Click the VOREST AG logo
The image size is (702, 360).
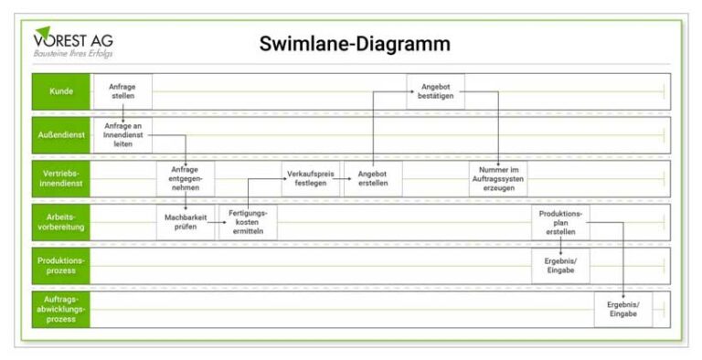[x=73, y=43]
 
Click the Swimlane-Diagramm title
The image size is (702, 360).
[x=355, y=44]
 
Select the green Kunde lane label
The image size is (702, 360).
[x=61, y=91]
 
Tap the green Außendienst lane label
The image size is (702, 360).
[x=61, y=134]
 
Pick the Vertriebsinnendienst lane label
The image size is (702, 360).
[x=61, y=178]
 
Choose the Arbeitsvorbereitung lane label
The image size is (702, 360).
[x=61, y=222]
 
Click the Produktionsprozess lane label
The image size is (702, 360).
[x=61, y=265]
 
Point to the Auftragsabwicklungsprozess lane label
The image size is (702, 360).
[x=61, y=309]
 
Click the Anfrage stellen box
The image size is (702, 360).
[x=122, y=91]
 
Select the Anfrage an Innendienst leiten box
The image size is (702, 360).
[x=122, y=134]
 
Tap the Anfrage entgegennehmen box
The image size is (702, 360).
[x=186, y=178]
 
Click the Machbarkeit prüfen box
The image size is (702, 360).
[x=186, y=222]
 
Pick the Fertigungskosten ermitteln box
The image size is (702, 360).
[x=248, y=222]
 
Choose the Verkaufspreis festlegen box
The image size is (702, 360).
[x=310, y=178]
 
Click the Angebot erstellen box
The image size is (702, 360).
[x=373, y=178]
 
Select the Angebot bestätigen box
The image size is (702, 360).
[x=435, y=91]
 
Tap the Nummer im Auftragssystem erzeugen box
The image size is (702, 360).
[x=498, y=178]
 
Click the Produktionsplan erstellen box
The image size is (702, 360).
[x=560, y=222]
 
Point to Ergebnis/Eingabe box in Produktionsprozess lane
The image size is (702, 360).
[x=560, y=265]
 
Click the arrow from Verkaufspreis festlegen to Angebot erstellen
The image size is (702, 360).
[x=342, y=180]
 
